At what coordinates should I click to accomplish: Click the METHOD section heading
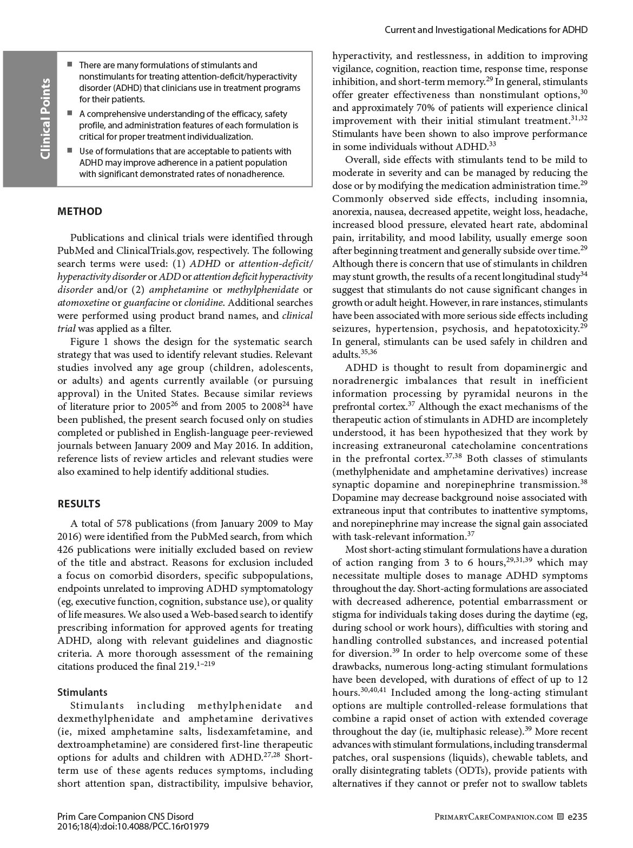(80, 212)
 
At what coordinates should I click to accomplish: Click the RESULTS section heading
(79, 504)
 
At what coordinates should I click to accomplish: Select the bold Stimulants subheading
(82, 693)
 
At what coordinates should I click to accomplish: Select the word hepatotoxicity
(546, 329)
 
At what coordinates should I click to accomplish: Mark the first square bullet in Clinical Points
(70, 64)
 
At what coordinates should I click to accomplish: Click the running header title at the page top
(486, 30)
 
